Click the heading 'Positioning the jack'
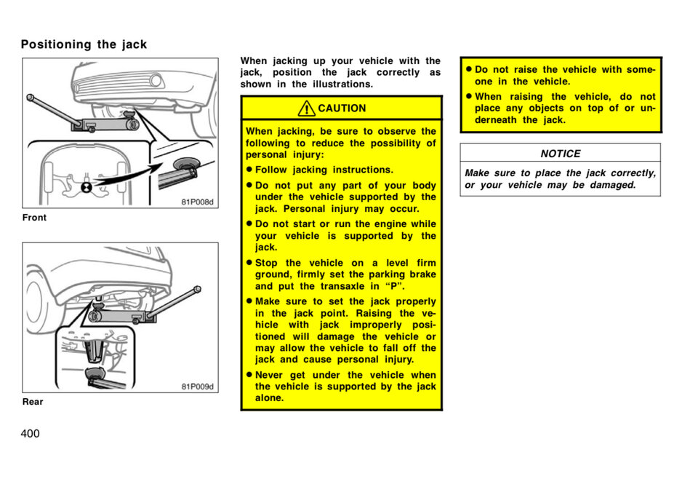(84, 44)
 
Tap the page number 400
(31, 434)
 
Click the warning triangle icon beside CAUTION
(307, 108)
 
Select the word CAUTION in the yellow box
(342, 108)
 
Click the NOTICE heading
(560, 154)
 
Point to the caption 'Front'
(34, 218)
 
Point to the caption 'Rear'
(33, 402)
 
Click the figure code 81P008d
(197, 202)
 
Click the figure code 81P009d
(197, 387)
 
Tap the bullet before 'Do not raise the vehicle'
(469, 70)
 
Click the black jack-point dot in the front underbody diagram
(86, 187)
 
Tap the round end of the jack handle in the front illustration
(31, 97)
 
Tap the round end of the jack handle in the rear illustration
(197, 290)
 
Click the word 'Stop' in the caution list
(266, 263)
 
